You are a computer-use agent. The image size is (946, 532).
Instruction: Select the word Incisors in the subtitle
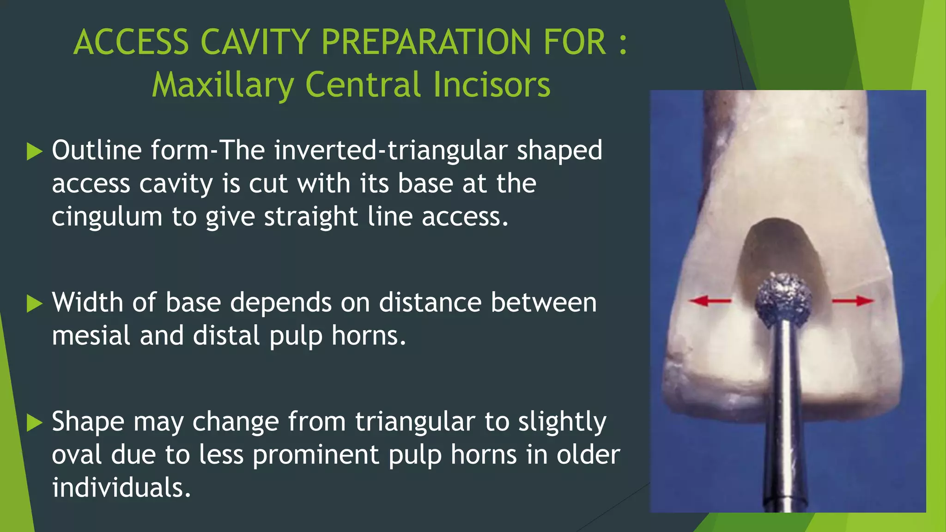pyautogui.click(x=491, y=85)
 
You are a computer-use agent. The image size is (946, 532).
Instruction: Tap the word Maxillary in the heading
pyautogui.click(x=223, y=85)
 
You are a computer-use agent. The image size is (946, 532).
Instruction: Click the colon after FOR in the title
pyautogui.click(x=623, y=42)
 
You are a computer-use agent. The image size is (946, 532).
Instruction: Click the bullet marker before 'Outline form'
pyautogui.click(x=35, y=151)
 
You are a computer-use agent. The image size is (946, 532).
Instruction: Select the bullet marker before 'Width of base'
pyautogui.click(x=35, y=304)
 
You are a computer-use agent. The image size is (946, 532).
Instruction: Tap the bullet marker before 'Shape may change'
pyautogui.click(x=35, y=423)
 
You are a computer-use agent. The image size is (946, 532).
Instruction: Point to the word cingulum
pyautogui.click(x=107, y=217)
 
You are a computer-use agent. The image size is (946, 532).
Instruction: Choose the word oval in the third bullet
pyautogui.click(x=77, y=455)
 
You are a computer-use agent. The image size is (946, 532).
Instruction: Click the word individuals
pyautogui.click(x=121, y=488)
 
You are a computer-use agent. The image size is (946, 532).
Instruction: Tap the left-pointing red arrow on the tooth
pyautogui.click(x=709, y=301)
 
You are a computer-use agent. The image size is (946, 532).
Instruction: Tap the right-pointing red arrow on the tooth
pyautogui.click(x=853, y=301)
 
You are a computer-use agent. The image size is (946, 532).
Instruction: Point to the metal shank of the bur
pyautogui.click(x=784, y=416)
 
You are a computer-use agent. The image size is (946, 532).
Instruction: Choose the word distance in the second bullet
pyautogui.click(x=430, y=303)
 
